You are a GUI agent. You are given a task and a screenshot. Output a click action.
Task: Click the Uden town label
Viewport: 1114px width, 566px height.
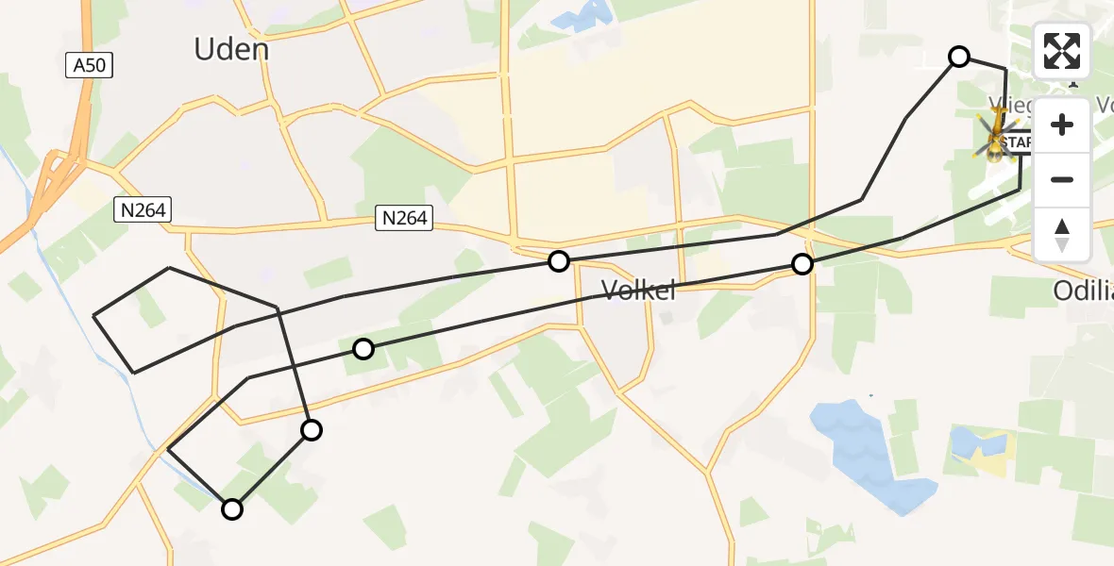coord(231,49)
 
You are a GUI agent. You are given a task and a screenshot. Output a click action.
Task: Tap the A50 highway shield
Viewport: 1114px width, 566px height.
coord(91,66)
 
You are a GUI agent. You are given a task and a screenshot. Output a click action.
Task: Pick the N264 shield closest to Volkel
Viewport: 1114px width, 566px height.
coord(405,219)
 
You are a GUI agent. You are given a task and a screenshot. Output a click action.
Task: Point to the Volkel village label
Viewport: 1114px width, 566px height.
coord(639,291)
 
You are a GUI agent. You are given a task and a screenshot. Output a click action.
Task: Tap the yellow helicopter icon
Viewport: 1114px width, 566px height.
coord(997,136)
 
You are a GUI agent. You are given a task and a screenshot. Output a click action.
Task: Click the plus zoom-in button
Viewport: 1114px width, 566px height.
coord(1062,125)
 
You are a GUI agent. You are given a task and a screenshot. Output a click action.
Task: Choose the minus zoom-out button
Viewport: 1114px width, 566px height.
coord(1062,179)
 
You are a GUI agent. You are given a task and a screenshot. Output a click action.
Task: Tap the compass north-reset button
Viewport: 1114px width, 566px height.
coord(1062,234)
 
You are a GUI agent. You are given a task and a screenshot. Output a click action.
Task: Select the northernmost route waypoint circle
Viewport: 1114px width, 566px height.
coord(959,57)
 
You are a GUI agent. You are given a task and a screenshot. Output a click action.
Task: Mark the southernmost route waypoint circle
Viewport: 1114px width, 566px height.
coord(231,509)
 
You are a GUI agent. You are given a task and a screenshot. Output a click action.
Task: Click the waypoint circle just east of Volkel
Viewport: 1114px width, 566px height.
coord(802,264)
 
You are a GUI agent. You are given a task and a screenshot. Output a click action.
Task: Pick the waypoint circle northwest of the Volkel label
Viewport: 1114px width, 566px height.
coord(559,261)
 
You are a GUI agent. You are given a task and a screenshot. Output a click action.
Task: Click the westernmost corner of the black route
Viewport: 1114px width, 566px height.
coord(94,316)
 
